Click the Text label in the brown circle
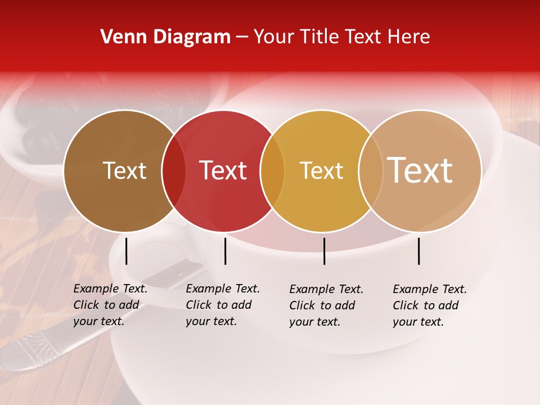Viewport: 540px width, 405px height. pyautogui.click(x=124, y=170)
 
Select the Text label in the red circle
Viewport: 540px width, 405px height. pyautogui.click(x=223, y=170)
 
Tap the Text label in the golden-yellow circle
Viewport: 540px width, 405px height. pyautogui.click(x=321, y=170)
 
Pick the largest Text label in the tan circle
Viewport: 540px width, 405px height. pyautogui.click(x=420, y=170)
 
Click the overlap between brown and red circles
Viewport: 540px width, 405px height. pyautogui.click(x=174, y=171)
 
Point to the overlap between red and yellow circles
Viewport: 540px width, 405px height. pyautogui.click(x=272, y=171)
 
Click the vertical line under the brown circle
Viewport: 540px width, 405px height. pyautogui.click(x=127, y=251)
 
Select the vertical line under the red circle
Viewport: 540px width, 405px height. pyautogui.click(x=225, y=251)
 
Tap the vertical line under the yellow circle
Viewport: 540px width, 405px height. pyautogui.click(x=325, y=251)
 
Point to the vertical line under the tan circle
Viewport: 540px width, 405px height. pyautogui.click(x=419, y=251)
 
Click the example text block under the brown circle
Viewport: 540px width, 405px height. pyautogui.click(x=110, y=305)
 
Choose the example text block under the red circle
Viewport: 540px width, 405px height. pyautogui.click(x=222, y=305)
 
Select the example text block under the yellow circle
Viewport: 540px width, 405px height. pyautogui.click(x=326, y=305)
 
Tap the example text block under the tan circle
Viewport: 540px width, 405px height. pyautogui.click(x=429, y=305)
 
